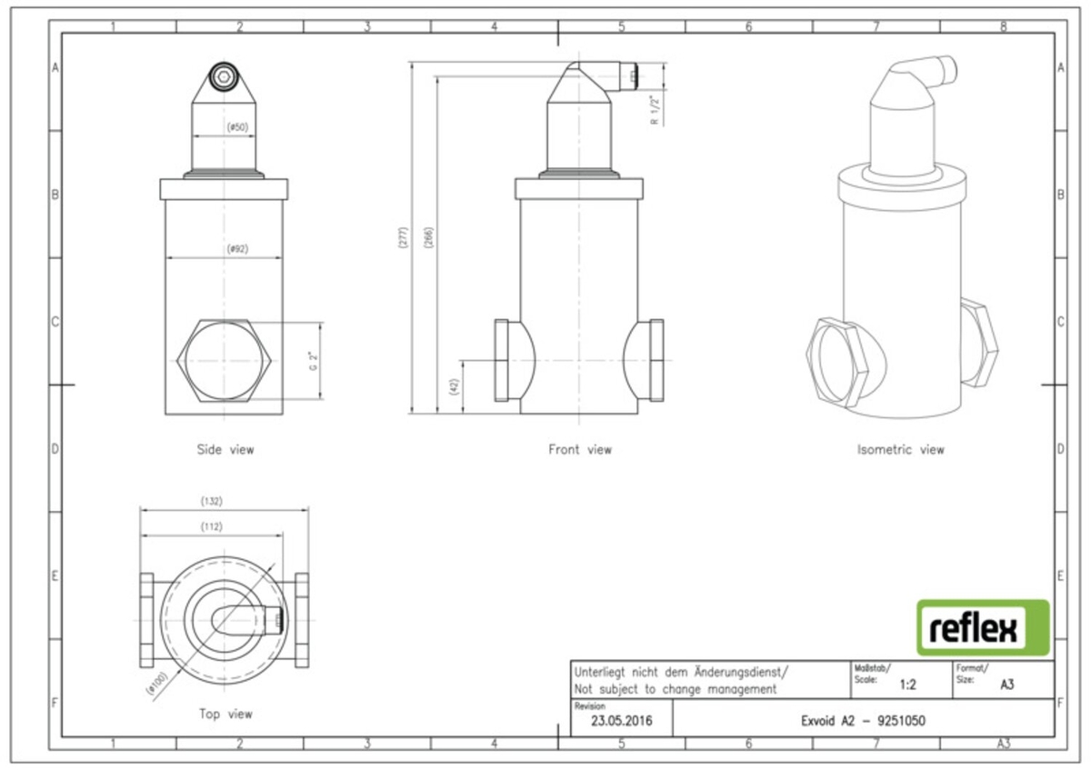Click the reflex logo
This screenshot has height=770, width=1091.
click(982, 627)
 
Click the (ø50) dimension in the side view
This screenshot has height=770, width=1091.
click(236, 127)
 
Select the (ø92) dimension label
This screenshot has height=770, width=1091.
click(236, 248)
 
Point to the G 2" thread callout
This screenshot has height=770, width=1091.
click(312, 361)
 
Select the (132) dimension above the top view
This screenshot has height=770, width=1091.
click(212, 501)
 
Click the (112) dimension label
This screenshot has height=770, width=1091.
click(211, 526)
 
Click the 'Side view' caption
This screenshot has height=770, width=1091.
click(225, 449)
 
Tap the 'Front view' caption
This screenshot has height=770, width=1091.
click(580, 449)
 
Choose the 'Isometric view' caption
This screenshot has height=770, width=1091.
click(900, 449)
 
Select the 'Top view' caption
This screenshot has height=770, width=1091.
click(225, 715)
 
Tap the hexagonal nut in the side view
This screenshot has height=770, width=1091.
click(225, 361)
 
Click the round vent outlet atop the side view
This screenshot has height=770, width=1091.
click(225, 78)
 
